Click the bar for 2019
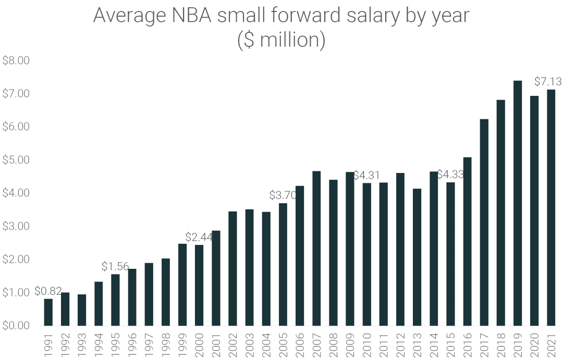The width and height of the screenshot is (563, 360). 517,203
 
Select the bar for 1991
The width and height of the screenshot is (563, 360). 48,312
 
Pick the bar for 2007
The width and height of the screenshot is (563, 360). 316,249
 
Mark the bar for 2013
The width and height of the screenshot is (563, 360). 417,257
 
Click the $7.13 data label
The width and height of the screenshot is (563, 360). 548,82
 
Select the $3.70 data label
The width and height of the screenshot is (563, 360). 283,195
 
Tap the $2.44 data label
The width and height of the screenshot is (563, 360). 199,237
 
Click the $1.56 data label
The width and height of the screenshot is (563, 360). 115,267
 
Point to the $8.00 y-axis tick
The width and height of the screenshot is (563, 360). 16,60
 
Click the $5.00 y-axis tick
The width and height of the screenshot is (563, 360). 16,160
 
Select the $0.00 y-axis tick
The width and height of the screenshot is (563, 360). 16,326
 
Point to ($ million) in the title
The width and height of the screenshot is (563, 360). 281,40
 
